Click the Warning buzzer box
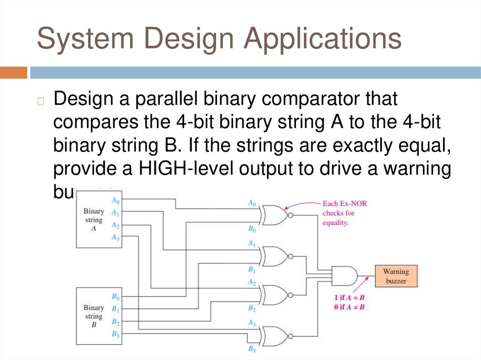coord(396,276)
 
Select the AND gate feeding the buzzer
coord(344,276)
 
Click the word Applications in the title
coord(322,39)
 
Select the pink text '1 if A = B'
coord(350,298)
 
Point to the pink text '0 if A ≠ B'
coord(350,306)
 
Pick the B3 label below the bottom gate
coord(252,350)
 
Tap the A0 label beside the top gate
coord(252,203)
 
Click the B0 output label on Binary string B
coord(115,297)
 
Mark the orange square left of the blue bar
coord(14,73)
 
